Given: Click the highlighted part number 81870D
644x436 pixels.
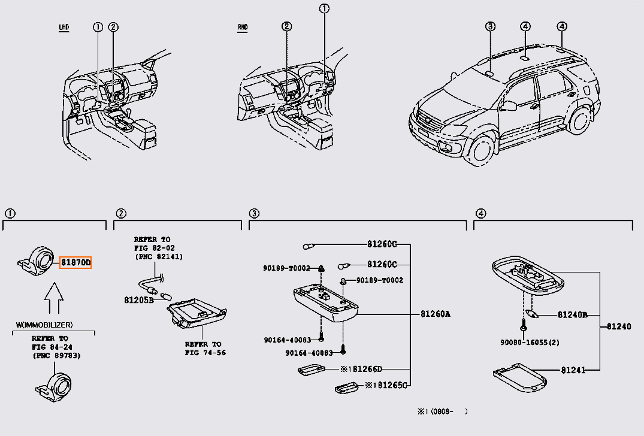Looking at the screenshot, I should click(75, 262).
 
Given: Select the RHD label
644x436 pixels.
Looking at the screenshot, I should click(243, 28).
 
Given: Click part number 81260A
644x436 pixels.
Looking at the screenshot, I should click(435, 313).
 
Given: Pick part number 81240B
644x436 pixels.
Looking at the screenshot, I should click(572, 314).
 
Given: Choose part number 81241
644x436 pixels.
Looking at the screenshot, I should click(573, 371).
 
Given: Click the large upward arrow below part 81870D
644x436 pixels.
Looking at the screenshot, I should click(53, 298).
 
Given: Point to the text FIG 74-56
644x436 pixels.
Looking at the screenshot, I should click(205, 353).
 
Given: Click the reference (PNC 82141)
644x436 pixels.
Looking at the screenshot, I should click(158, 257).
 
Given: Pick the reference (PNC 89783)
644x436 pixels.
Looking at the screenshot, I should click(57, 356).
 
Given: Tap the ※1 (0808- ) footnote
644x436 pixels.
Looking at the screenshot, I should click(442, 411).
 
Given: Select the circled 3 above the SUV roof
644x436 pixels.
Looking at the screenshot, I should click(490, 26).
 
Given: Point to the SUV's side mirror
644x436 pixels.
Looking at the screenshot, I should click(509, 106).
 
